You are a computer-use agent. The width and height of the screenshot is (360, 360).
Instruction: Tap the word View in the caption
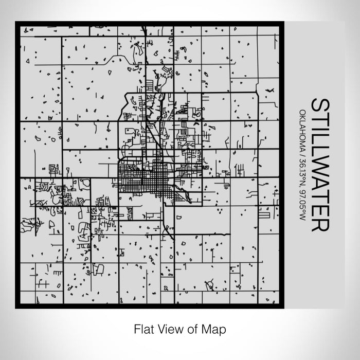pyautogui.click(x=167, y=329)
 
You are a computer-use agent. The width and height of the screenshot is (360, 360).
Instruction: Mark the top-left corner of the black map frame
pyautogui.click(x=16, y=23)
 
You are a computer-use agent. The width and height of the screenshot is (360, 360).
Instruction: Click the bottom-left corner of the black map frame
pyautogui.click(x=16, y=307)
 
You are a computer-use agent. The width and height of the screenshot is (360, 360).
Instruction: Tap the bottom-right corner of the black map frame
pyautogui.click(x=282, y=307)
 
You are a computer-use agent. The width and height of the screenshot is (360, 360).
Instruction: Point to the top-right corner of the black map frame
pyautogui.click(x=282, y=23)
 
